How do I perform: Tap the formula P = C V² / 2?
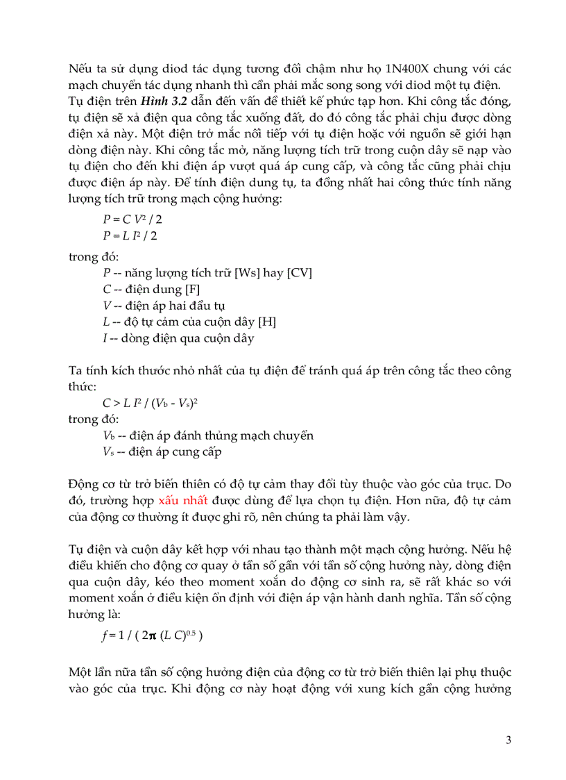(x=133, y=219)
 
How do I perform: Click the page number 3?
(x=508, y=740)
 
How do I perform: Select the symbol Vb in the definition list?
(x=108, y=436)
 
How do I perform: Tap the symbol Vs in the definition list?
(x=107, y=453)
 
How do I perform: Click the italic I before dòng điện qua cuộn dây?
(x=104, y=340)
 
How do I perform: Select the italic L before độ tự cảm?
(x=105, y=323)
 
